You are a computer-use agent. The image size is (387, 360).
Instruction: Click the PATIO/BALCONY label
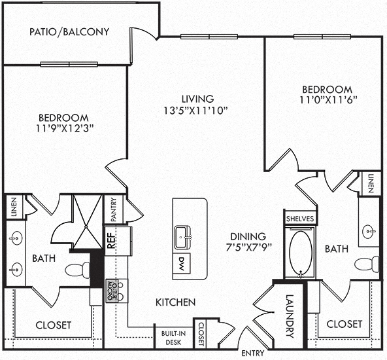point(69,32)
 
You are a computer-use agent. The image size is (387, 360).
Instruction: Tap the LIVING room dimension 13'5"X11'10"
point(195,111)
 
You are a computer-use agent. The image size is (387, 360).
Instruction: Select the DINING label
point(248,236)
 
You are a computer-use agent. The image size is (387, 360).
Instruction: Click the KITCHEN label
point(175,302)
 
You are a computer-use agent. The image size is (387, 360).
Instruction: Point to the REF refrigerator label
point(111,240)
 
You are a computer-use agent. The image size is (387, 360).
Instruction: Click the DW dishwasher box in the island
point(182,263)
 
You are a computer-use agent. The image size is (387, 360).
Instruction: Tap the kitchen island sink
point(182,237)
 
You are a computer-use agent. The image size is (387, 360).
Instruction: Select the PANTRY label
point(113,209)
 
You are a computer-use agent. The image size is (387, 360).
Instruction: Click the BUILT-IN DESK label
point(173,338)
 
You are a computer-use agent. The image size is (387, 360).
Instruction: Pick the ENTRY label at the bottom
point(253,353)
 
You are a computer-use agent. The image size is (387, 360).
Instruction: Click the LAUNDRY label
point(290,315)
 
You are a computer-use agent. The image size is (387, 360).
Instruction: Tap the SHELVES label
point(300,219)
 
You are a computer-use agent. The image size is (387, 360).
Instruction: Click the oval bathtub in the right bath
point(300,252)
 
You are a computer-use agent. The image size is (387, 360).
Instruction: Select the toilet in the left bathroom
point(78,270)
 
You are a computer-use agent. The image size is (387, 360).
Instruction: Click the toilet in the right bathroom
point(367,264)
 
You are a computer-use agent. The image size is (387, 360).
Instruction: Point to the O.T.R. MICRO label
point(112,291)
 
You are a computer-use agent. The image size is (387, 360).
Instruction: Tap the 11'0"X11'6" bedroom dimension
point(329,100)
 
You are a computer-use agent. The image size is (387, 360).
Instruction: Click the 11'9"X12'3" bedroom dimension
point(65,128)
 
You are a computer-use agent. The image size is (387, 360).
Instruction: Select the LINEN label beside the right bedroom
point(370,183)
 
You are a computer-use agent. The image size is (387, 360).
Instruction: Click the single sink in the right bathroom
point(369,232)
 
